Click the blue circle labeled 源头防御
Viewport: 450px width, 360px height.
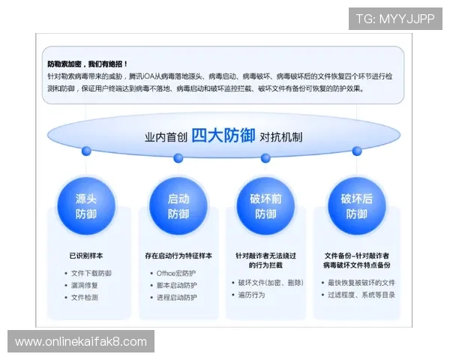pyautogui.click(x=86, y=206)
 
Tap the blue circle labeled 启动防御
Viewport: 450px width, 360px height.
pyautogui.click(x=178, y=206)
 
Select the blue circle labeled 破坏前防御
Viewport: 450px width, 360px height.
pyautogui.click(x=265, y=206)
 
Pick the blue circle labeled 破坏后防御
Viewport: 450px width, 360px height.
pyautogui.click(x=356, y=206)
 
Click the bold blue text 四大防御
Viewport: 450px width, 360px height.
pyautogui.click(x=223, y=136)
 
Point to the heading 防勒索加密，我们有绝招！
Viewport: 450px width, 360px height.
pyautogui.click(x=88, y=64)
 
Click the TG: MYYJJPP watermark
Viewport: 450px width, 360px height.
pyautogui.click(x=395, y=19)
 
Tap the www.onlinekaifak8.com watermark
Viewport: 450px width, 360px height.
pyautogui.click(x=81, y=342)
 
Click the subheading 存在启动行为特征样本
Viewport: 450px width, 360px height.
pyautogui.click(x=178, y=256)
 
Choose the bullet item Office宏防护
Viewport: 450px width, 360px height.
pyautogui.click(x=178, y=273)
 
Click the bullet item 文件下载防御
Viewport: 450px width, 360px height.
pyautogui.click(x=91, y=273)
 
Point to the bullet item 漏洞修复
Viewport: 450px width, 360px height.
pyautogui.click(x=85, y=285)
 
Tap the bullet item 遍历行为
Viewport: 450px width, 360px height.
pyautogui.click(x=253, y=295)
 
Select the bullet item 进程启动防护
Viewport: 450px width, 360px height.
pyautogui.click(x=177, y=297)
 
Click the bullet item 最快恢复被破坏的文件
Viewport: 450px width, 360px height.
pyautogui.click(x=361, y=283)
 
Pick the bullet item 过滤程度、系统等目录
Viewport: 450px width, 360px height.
pyautogui.click(x=361, y=295)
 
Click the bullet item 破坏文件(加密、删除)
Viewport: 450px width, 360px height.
pyautogui.click(x=271, y=283)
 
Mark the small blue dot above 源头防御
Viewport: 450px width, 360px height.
pyautogui.click(x=87, y=151)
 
